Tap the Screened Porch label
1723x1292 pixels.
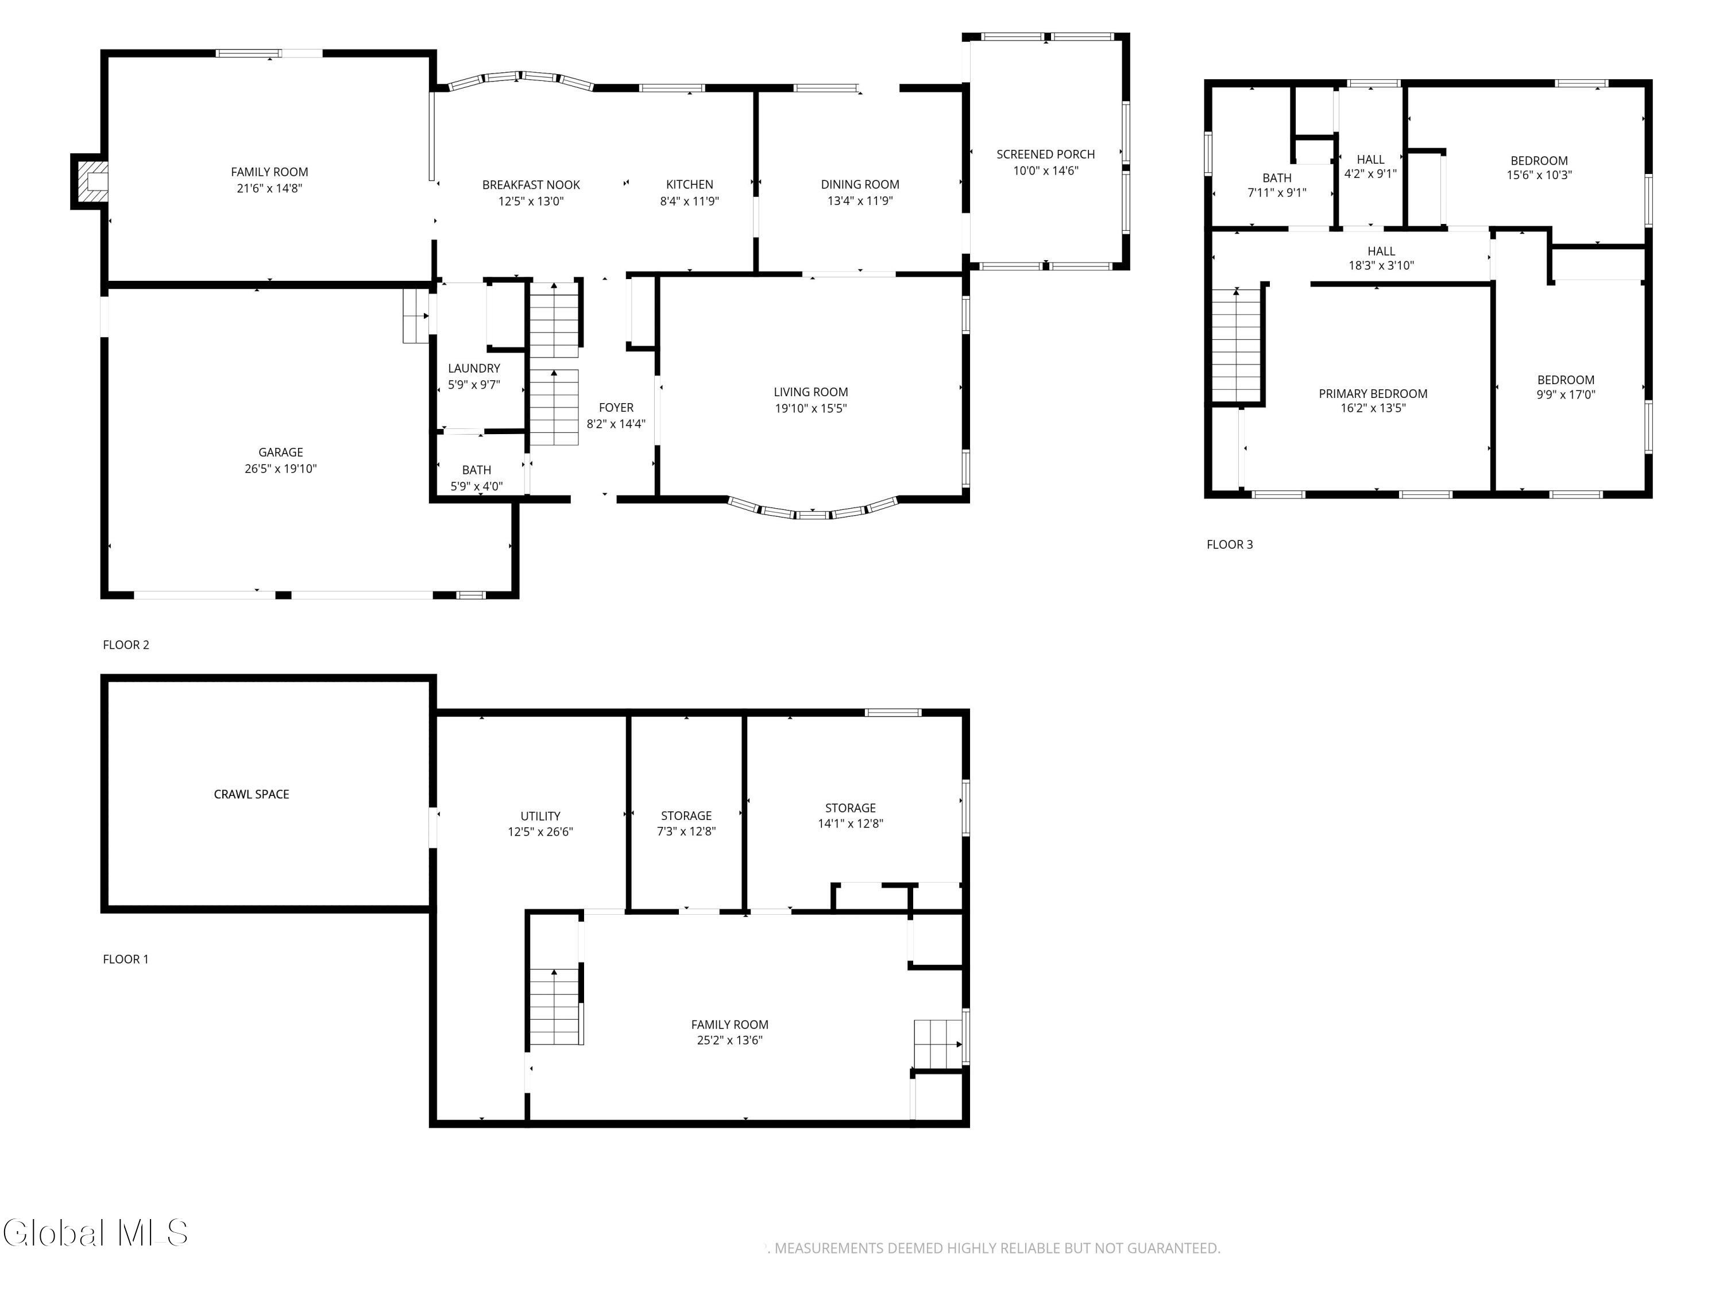tap(1045, 154)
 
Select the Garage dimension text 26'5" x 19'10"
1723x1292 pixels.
tap(280, 469)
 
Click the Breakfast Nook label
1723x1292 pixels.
tap(531, 184)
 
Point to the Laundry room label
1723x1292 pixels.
tap(474, 369)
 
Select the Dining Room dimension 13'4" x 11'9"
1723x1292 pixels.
tap(859, 201)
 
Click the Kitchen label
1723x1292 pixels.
tap(689, 184)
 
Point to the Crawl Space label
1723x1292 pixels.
tap(251, 794)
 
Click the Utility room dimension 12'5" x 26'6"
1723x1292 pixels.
tap(540, 831)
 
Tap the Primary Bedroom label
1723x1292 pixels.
tap(1373, 393)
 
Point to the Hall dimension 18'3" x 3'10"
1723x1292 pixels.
tap(1381, 265)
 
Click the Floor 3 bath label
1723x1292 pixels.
tap(1277, 177)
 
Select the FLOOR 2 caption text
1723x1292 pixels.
tap(125, 645)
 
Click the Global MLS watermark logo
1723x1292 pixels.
tap(95, 1232)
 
